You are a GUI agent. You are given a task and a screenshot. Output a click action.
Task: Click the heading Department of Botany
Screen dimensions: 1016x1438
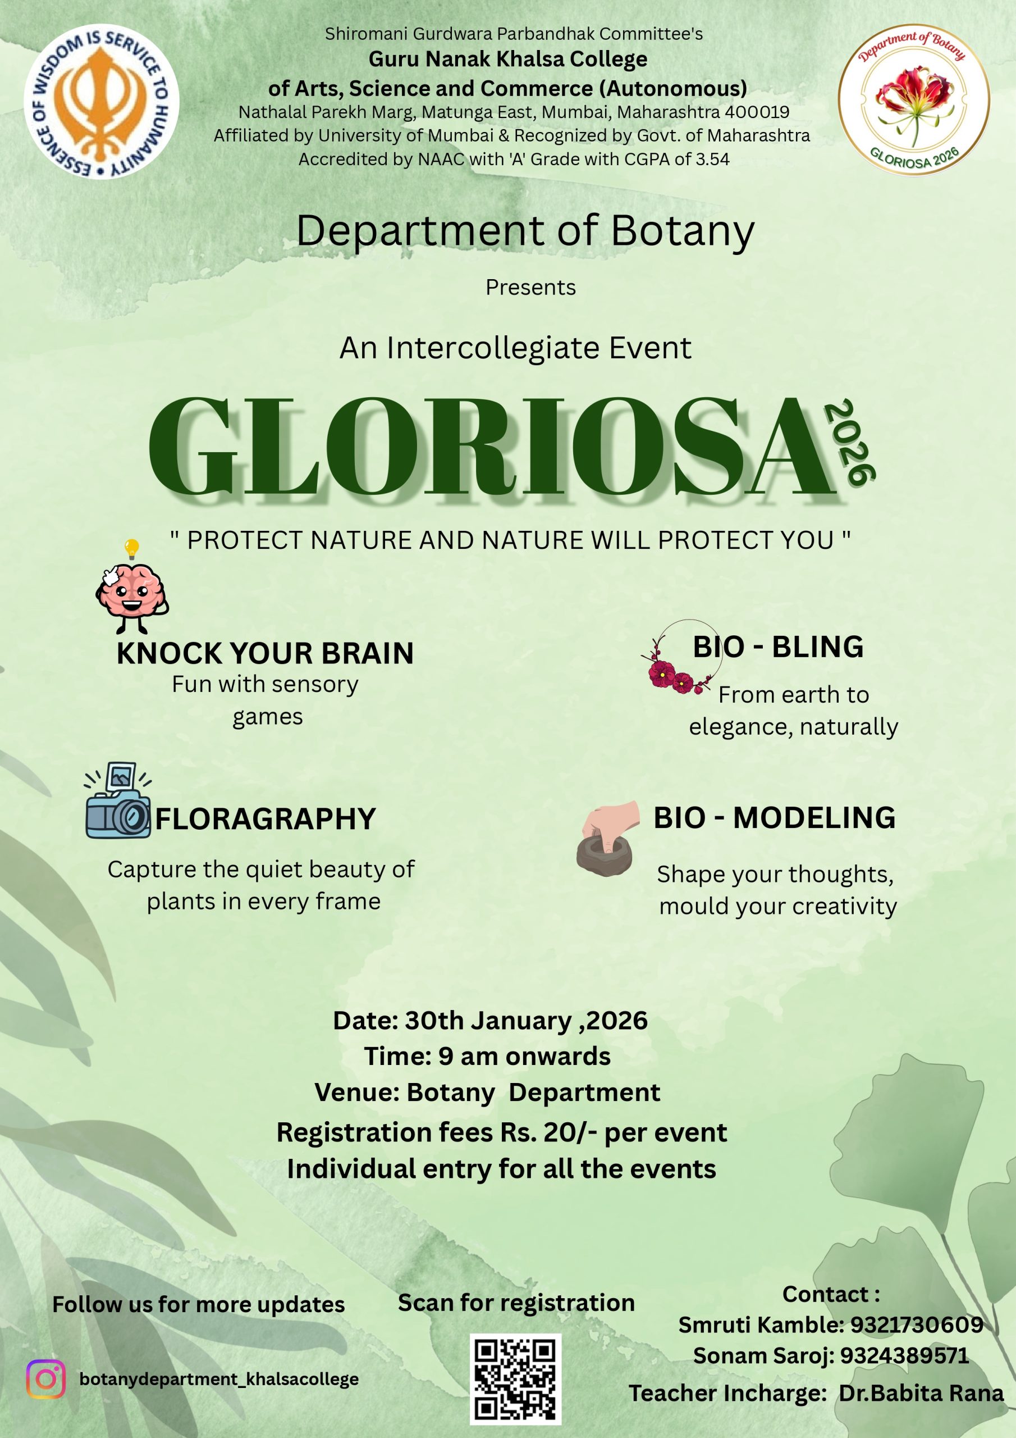pyautogui.click(x=525, y=231)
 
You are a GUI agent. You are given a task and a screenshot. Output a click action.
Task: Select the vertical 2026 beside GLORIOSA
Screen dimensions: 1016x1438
pyautogui.click(x=849, y=442)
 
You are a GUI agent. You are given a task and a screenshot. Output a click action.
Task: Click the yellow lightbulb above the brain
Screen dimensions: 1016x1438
pyautogui.click(x=131, y=549)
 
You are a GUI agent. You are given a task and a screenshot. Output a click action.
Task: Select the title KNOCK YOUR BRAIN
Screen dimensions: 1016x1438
pyautogui.click(x=265, y=653)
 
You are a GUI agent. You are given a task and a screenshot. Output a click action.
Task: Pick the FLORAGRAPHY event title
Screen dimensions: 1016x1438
pyautogui.click(x=266, y=819)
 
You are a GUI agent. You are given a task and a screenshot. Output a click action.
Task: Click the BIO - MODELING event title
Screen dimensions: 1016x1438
pyautogui.click(x=775, y=818)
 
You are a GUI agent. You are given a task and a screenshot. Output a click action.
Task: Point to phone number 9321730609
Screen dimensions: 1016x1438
pyautogui.click(x=917, y=1325)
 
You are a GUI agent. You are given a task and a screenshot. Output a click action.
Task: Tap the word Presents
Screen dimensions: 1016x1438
pyautogui.click(x=531, y=288)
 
